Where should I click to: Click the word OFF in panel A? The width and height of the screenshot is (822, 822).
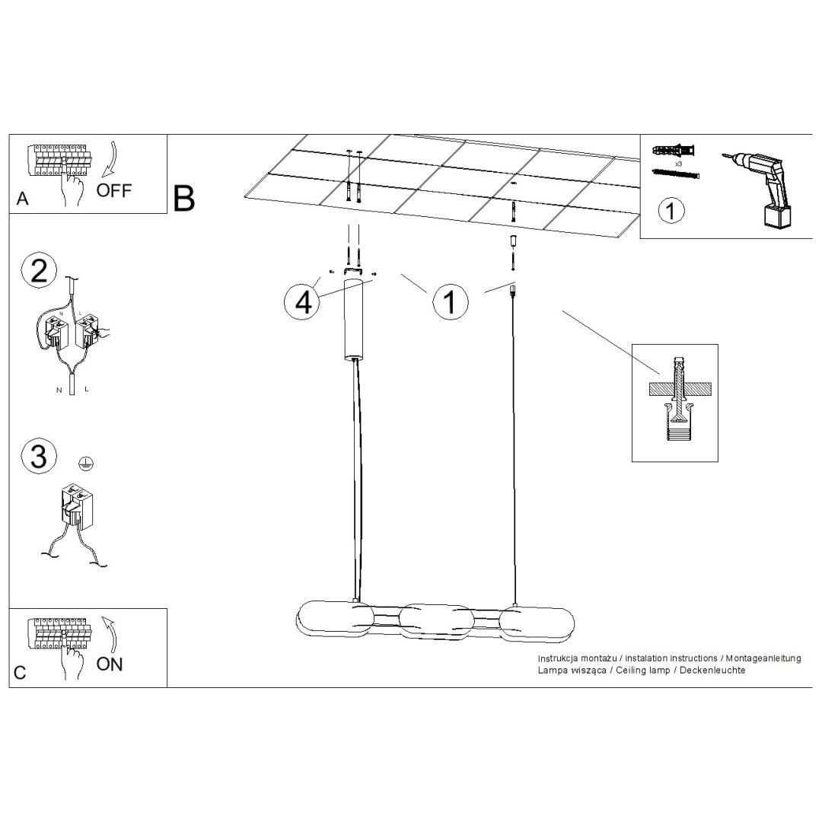tap(114, 190)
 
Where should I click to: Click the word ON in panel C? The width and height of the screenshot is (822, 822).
tap(110, 664)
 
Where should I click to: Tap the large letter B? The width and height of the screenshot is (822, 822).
tap(184, 198)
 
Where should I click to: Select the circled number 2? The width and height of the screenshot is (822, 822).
tap(39, 271)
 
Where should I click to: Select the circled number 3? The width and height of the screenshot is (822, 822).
tap(39, 456)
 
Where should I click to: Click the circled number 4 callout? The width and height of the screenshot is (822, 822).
tap(303, 302)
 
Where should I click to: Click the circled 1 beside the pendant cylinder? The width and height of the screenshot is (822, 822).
tap(450, 302)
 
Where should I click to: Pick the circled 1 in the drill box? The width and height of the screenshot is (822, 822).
tap(671, 210)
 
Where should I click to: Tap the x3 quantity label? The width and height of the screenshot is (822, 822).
tap(677, 164)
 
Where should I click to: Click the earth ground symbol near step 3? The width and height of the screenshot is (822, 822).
tap(88, 462)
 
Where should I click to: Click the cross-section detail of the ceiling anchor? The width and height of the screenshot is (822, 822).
tap(674, 403)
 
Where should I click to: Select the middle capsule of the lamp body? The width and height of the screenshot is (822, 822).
tap(438, 620)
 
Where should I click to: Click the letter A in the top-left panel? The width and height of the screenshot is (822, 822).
tap(23, 199)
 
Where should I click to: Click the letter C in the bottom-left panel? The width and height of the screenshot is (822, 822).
tap(21, 673)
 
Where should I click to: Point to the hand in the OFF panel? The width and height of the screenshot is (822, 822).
tap(74, 190)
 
